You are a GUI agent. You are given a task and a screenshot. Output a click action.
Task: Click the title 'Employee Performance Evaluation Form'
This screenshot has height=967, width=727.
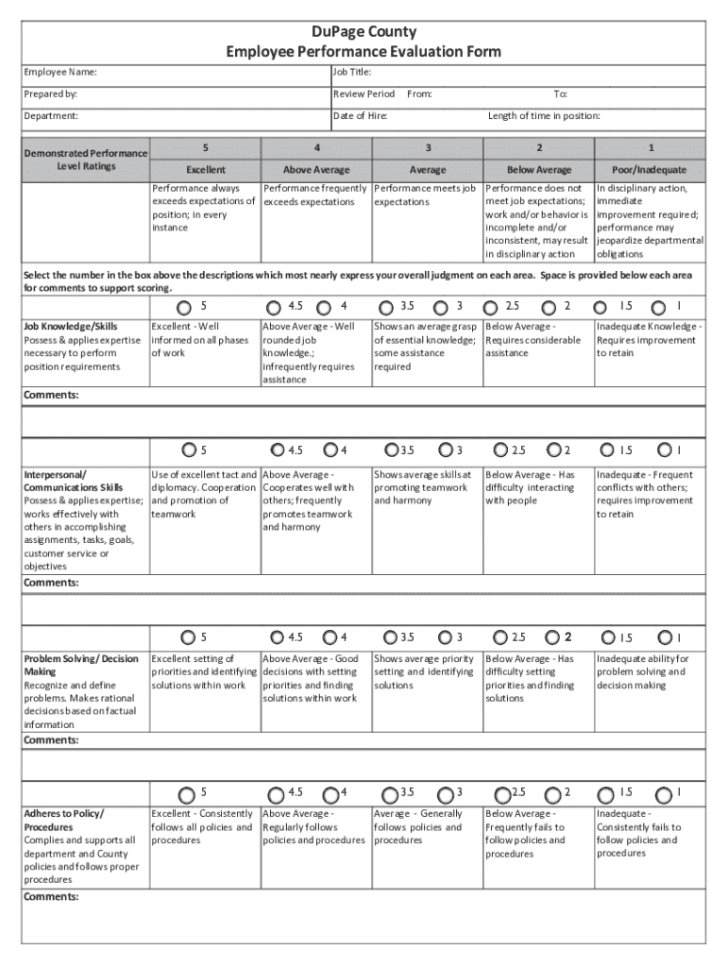(363, 51)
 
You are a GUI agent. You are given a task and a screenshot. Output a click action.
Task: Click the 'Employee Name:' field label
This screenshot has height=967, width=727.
(59, 73)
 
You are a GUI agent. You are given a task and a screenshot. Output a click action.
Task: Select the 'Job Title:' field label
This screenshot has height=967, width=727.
(352, 73)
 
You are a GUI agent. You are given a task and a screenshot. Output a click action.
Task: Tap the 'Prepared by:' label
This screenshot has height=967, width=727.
(51, 94)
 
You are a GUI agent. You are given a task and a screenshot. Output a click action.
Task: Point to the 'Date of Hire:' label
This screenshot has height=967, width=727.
(361, 116)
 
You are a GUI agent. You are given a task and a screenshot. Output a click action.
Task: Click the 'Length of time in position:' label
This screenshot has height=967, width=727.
(544, 116)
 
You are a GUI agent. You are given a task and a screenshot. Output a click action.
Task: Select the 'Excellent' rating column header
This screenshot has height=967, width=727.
(205, 170)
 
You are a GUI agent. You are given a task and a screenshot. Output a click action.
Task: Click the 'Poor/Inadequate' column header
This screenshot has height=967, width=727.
(650, 170)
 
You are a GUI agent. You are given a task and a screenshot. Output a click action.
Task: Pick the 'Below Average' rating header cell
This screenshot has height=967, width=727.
(539, 170)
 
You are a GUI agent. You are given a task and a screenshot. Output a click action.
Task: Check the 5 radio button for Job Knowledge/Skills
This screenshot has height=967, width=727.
(185, 307)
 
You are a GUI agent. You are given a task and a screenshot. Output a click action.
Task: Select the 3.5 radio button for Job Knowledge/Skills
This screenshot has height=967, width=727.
(385, 307)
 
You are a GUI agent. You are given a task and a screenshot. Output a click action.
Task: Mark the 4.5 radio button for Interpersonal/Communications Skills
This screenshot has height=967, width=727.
(278, 450)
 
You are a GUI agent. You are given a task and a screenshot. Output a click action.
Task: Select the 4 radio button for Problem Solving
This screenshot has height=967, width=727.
(330, 637)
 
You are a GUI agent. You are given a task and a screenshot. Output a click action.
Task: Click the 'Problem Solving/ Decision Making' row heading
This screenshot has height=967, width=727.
(81, 665)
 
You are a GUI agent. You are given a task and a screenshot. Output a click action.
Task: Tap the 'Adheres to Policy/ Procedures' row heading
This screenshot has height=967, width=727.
(64, 820)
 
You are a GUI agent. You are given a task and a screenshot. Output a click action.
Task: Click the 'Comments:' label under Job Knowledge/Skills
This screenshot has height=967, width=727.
(51, 395)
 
